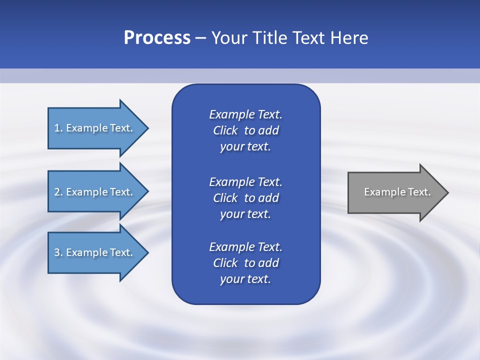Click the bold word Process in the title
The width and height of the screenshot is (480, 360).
coord(157,38)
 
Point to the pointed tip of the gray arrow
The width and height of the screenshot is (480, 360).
coord(447,192)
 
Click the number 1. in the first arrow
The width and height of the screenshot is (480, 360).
coord(58,128)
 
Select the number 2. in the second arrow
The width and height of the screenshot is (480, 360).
coord(58,192)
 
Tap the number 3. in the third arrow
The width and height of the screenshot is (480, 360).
coord(58,252)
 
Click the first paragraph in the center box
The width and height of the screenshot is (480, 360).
coord(245,130)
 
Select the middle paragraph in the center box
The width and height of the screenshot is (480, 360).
coord(245,198)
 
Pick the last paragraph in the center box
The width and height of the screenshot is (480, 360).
coord(245,263)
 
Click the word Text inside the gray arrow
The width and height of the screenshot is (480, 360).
coord(420,192)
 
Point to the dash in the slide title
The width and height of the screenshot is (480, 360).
coord(200,38)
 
